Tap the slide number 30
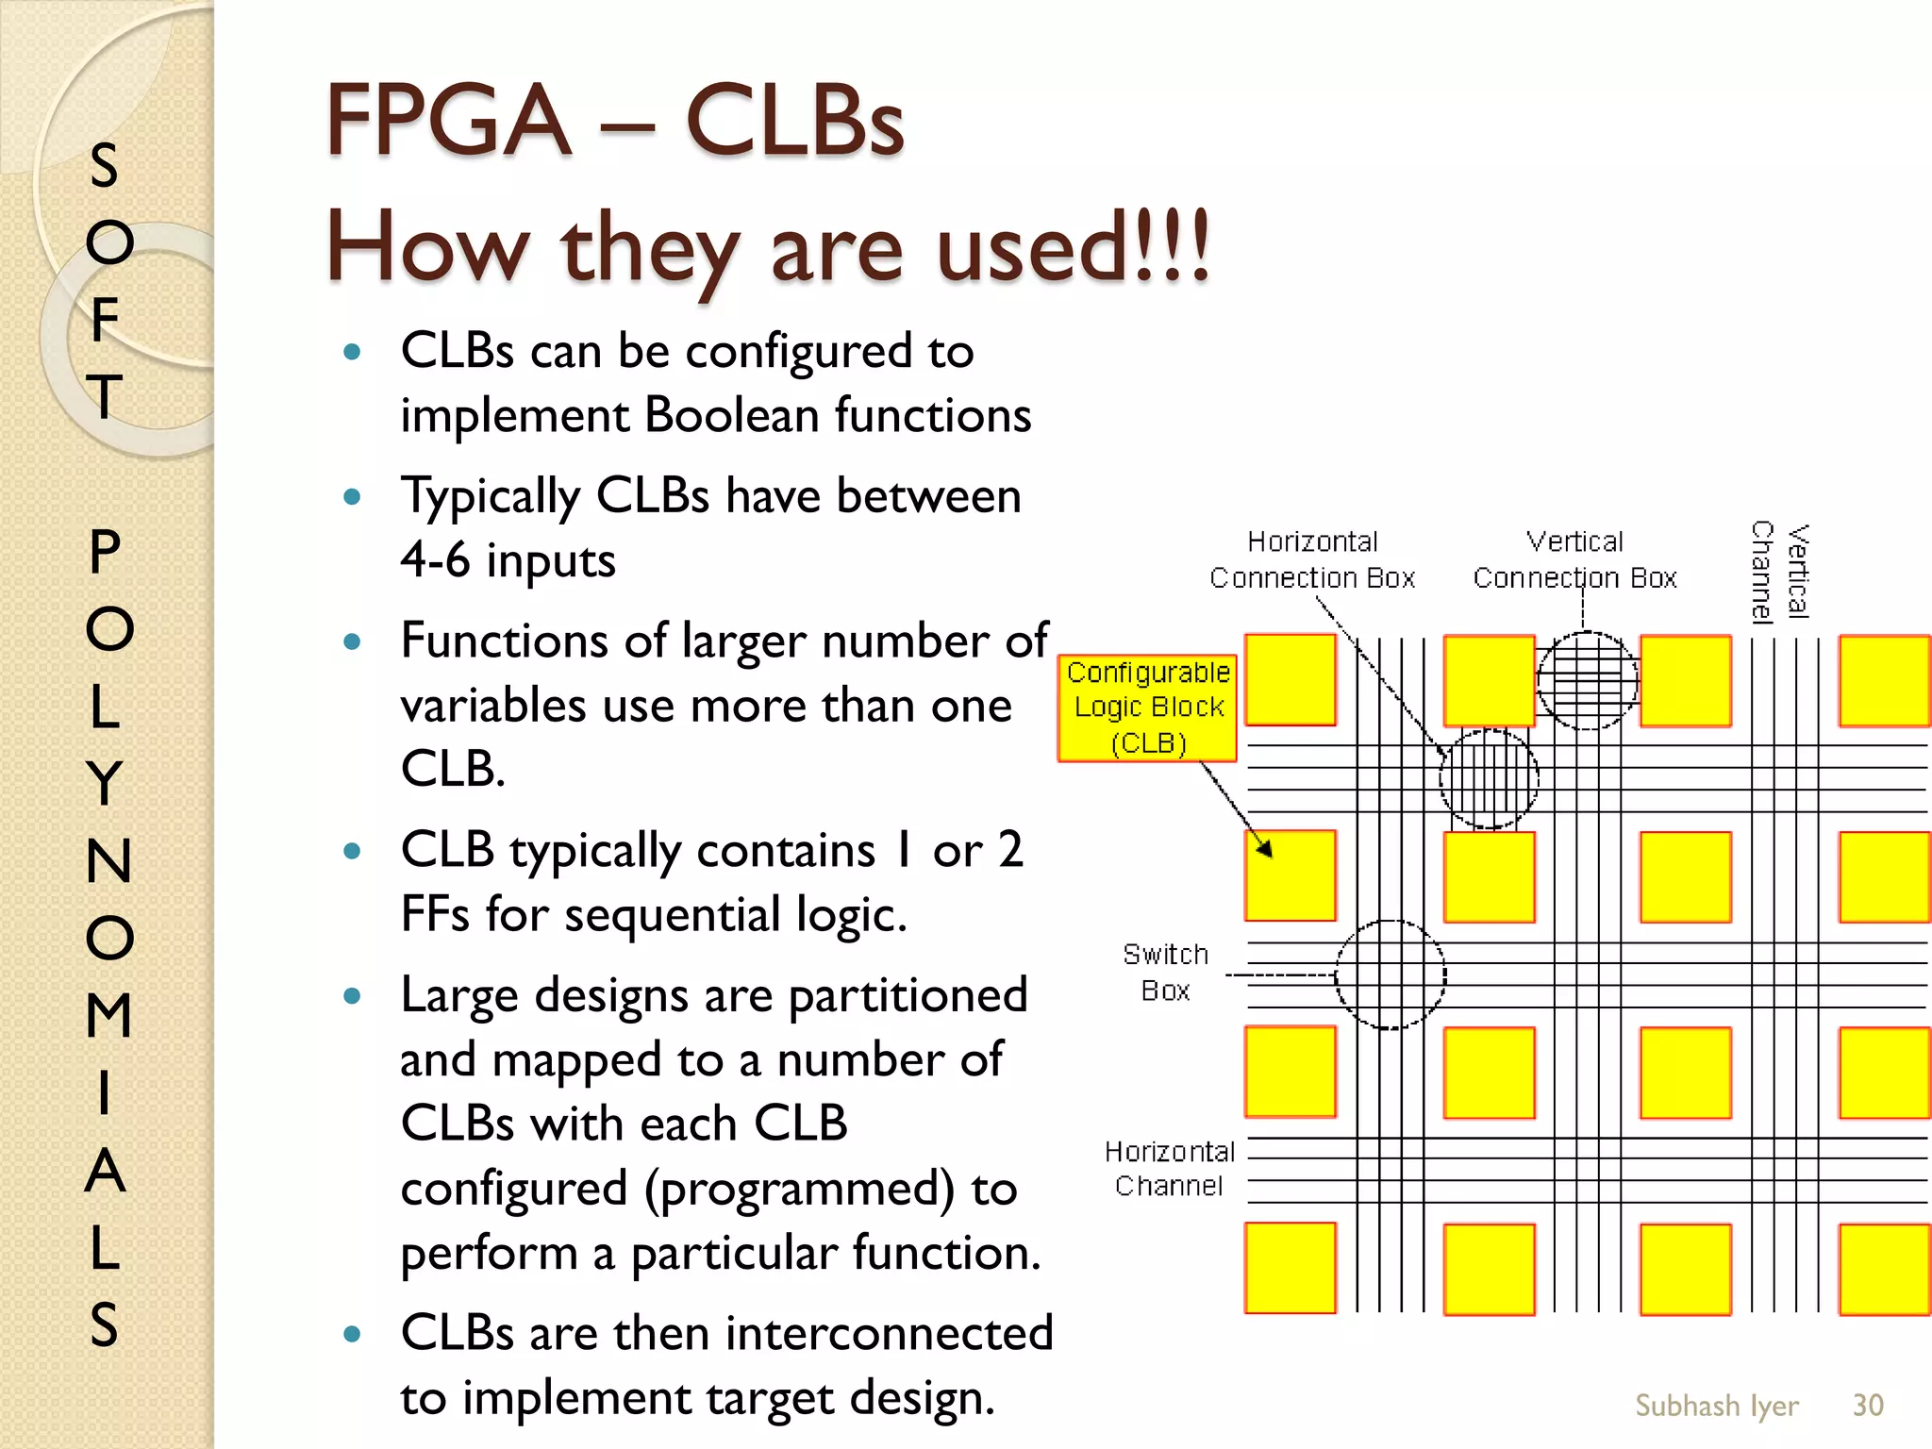1867,1405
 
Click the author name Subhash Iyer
1716,1405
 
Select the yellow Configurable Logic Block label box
1147,708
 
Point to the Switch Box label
1165,972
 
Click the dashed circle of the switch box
1391,974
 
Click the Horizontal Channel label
1169,1168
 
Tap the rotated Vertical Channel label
1779,572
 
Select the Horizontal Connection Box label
1312,559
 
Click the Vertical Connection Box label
1574,559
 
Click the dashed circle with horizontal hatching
1588,680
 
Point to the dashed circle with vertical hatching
1489,779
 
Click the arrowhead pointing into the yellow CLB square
1265,848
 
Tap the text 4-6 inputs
508,560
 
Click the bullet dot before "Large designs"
353,996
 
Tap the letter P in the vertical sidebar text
105,552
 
